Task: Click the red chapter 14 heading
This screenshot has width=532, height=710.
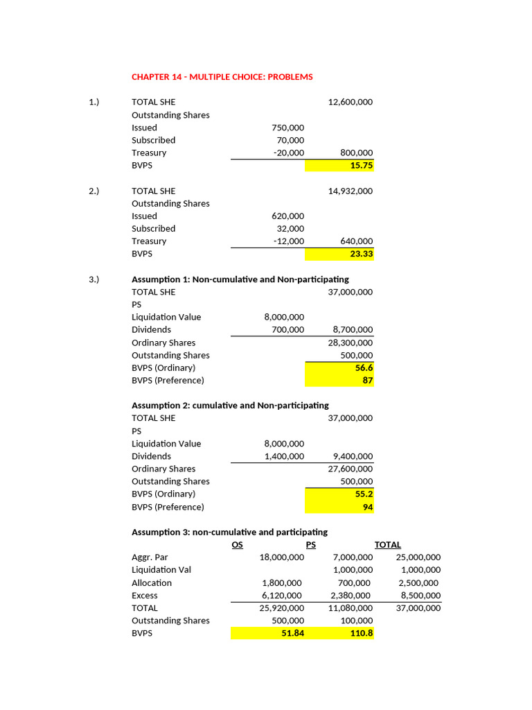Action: coord(222,77)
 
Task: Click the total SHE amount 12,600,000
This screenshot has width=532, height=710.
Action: coord(350,102)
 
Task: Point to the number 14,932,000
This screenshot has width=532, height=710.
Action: coord(350,191)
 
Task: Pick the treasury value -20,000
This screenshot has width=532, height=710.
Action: coord(288,153)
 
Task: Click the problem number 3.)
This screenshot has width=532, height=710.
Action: coord(94,279)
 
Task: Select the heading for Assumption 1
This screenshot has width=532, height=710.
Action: coord(240,279)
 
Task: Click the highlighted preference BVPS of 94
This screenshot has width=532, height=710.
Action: coord(366,507)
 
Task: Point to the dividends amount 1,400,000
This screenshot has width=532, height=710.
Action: coord(284,456)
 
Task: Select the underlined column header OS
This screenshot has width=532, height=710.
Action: coord(237,545)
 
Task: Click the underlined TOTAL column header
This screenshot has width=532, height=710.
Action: coord(388,545)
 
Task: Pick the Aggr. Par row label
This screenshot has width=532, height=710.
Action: coord(150,557)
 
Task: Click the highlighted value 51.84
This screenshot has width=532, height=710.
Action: coord(290,633)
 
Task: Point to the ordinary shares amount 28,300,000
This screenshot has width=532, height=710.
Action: coord(350,343)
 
